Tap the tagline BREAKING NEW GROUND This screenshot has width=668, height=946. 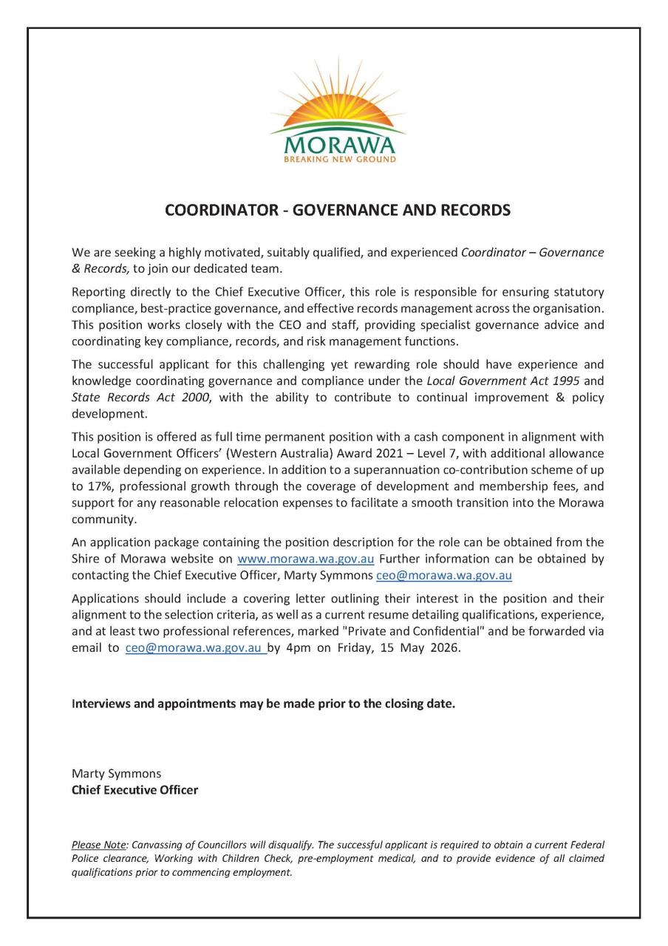(x=340, y=159)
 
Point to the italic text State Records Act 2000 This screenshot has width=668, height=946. (x=140, y=398)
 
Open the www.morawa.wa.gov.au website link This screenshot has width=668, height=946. (x=305, y=559)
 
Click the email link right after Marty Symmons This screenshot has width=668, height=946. (x=443, y=575)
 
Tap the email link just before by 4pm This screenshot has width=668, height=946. (x=194, y=647)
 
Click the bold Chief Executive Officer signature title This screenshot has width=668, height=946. (x=134, y=789)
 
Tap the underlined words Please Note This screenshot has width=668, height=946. (x=99, y=844)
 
